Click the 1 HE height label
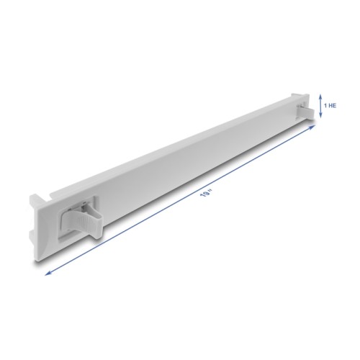(x=330, y=105)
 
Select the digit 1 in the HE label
(x=325, y=105)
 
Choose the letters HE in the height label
(x=333, y=105)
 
